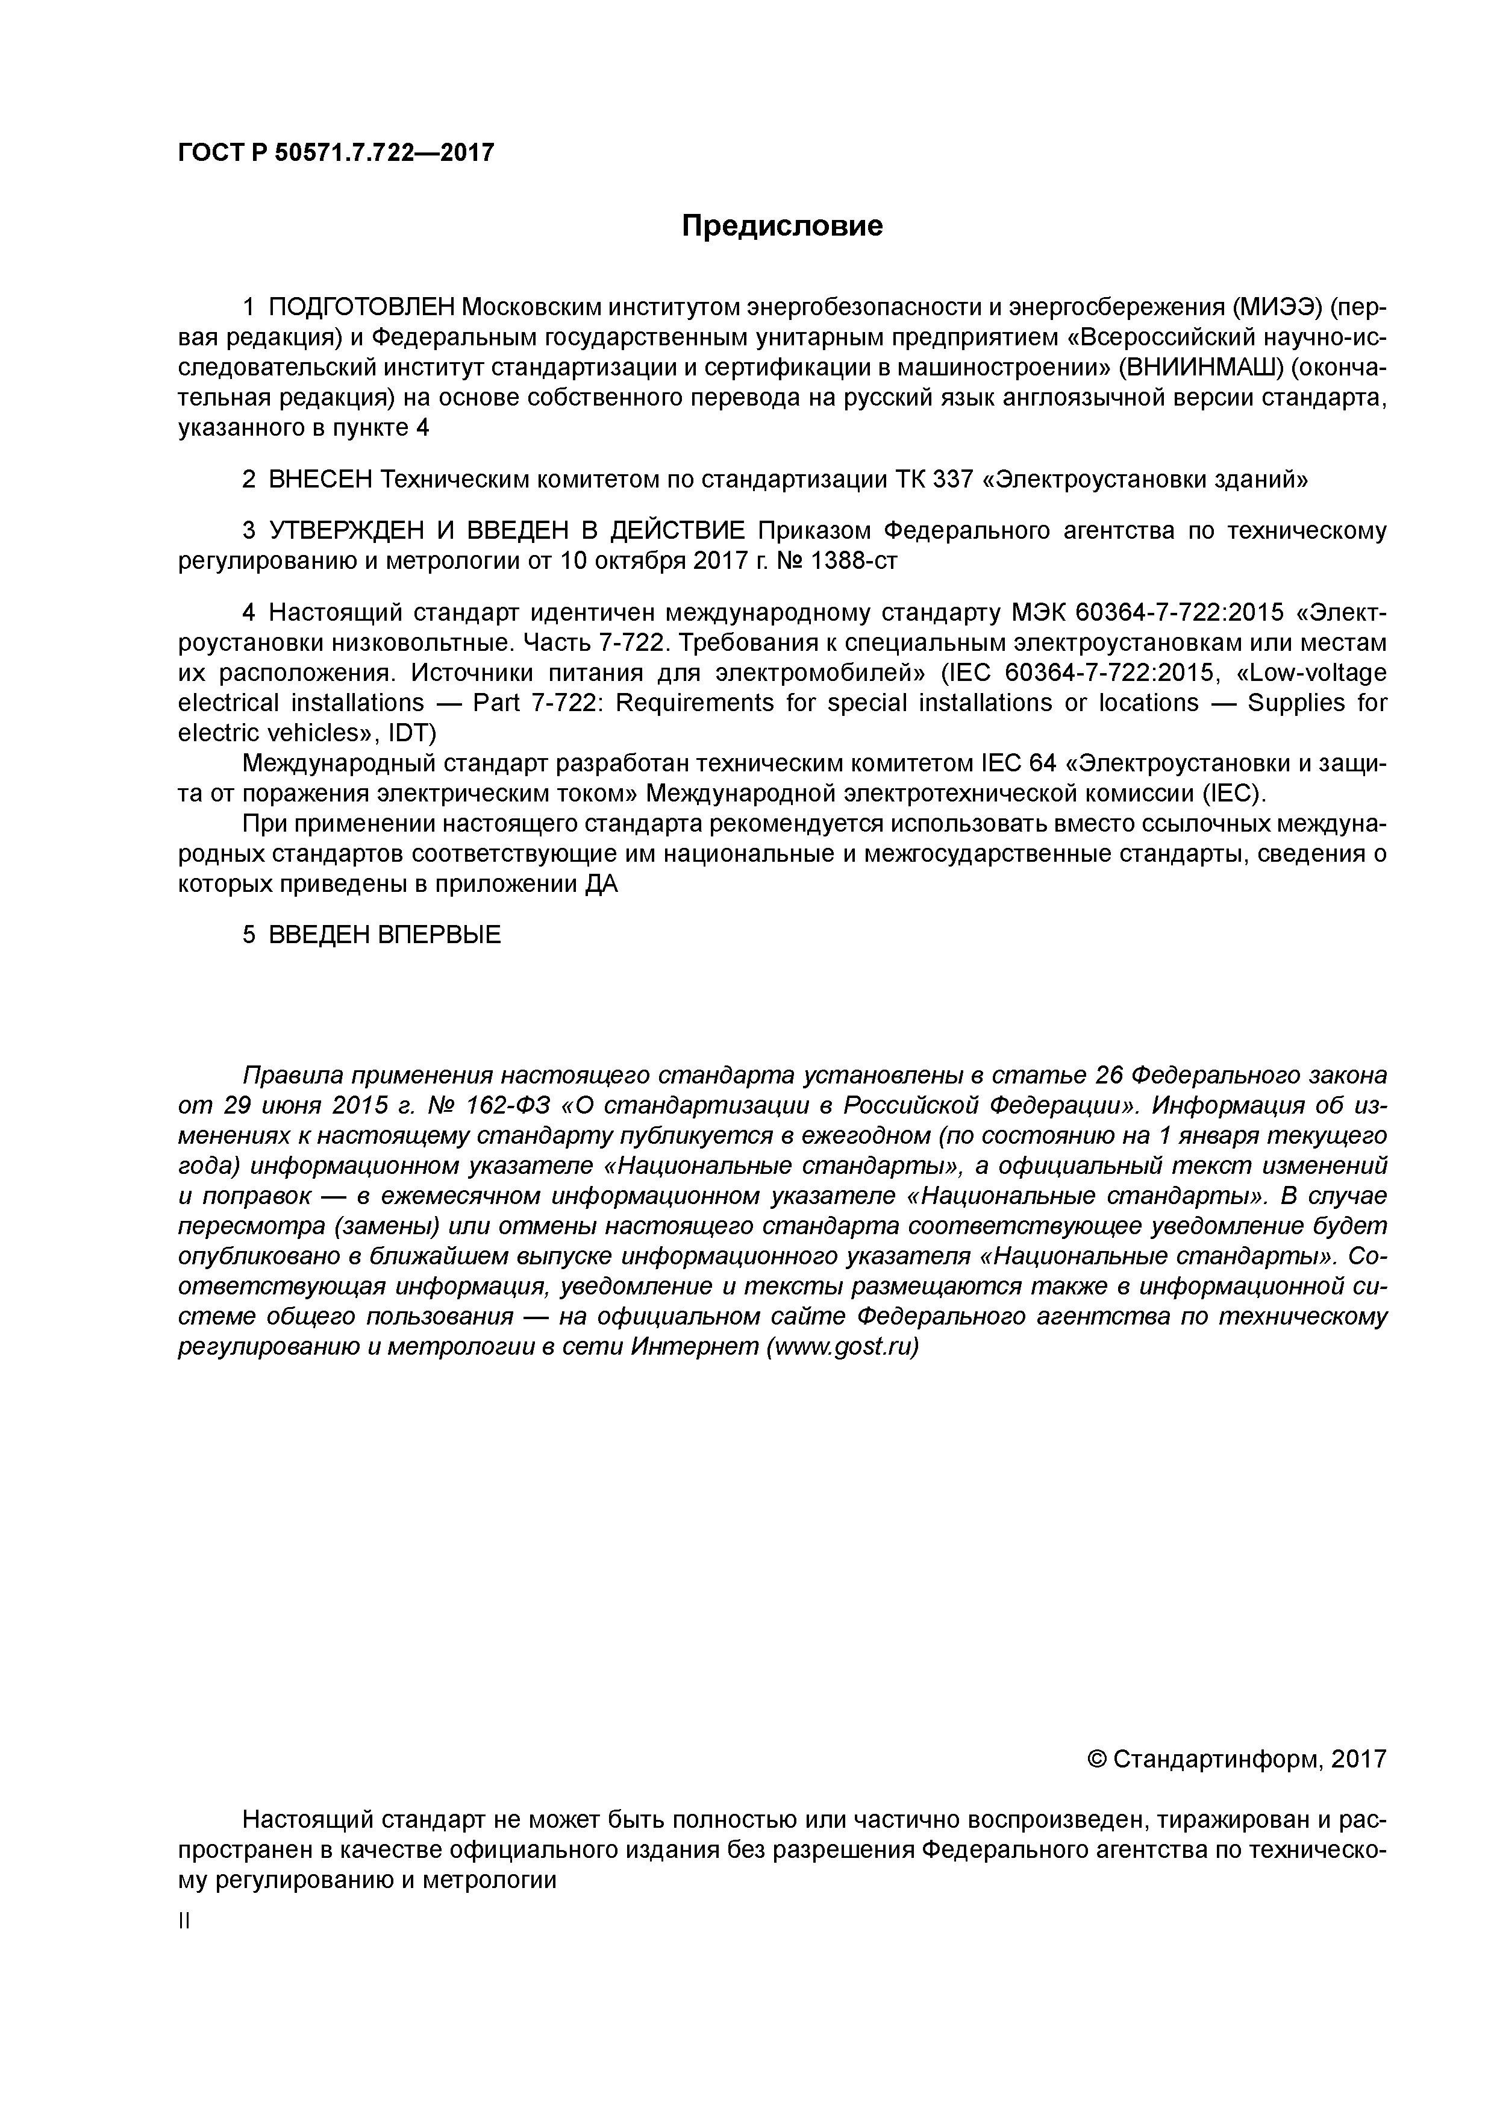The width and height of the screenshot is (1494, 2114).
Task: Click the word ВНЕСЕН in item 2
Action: (321, 480)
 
